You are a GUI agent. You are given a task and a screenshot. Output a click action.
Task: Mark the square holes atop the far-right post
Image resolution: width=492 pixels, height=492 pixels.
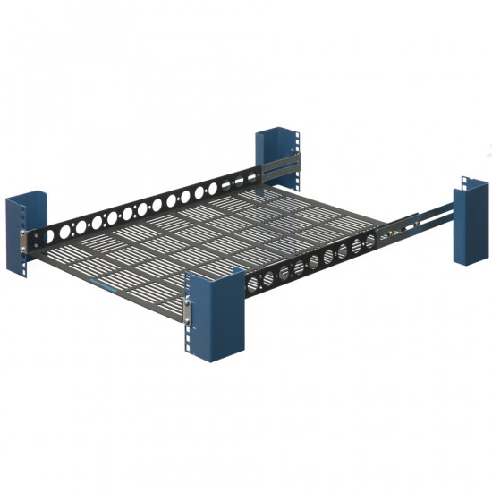coord(469,184)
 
